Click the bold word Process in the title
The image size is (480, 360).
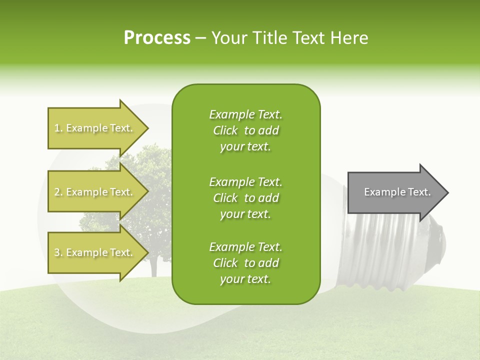click(x=157, y=38)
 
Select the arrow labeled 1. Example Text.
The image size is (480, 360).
click(x=95, y=128)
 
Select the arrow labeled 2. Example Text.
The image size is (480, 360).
click(x=95, y=192)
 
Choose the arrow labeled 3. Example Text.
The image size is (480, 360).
click(x=95, y=252)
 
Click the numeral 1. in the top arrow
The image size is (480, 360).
click(x=58, y=128)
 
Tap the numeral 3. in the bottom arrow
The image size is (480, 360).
click(x=58, y=252)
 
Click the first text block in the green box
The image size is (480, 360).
click(x=245, y=130)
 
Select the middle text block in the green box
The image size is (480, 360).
click(x=245, y=198)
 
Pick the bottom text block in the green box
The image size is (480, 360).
click(x=245, y=263)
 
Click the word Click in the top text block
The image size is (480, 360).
click(x=225, y=130)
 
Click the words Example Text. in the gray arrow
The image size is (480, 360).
click(x=397, y=192)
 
